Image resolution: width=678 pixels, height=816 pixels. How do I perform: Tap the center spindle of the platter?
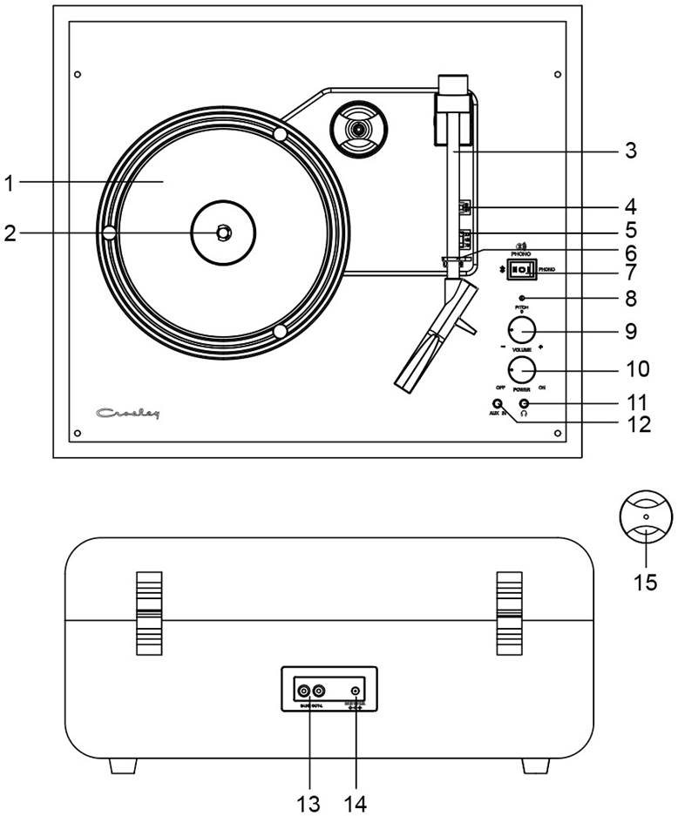[x=222, y=233]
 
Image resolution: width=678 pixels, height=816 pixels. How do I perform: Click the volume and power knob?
[x=521, y=369]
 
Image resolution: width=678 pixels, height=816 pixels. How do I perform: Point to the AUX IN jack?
[x=497, y=404]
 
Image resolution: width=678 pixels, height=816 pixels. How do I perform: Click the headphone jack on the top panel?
[x=525, y=404]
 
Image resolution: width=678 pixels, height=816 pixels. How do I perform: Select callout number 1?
[x=9, y=183]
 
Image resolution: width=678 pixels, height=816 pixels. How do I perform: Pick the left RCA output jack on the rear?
[x=303, y=691]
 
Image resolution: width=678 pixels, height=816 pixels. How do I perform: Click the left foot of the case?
[x=123, y=765]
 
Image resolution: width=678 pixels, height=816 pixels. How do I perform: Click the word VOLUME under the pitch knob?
[x=522, y=349]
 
